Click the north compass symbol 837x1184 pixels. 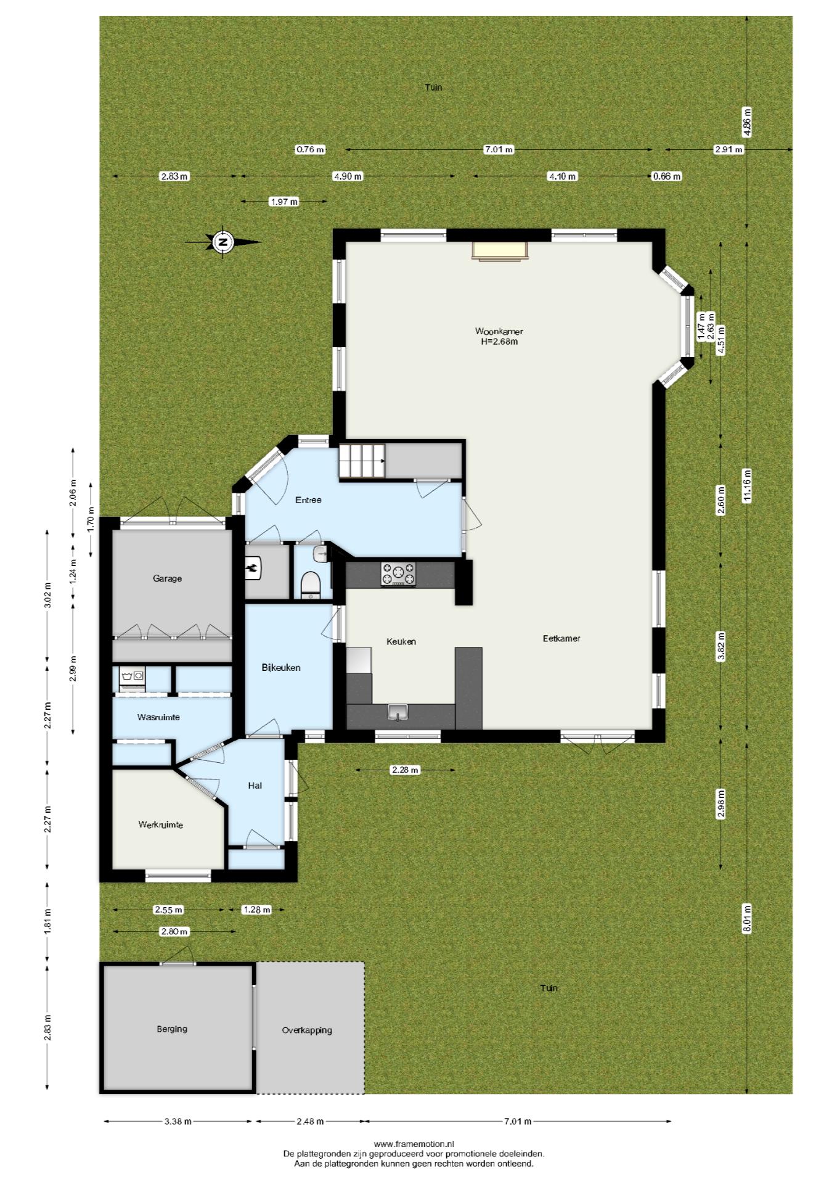(223, 242)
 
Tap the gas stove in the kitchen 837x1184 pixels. (398, 573)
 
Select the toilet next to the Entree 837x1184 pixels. (311, 585)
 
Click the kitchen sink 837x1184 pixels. (398, 713)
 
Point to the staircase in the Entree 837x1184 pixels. (361, 461)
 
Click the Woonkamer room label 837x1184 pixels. (499, 331)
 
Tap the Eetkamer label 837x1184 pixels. (561, 638)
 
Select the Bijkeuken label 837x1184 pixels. (281, 667)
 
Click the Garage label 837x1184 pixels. (168, 578)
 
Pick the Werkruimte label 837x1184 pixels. (161, 824)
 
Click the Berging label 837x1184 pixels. (172, 1029)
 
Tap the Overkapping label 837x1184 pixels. (307, 1030)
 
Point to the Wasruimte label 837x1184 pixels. (158, 717)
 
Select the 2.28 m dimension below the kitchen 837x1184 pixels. (406, 770)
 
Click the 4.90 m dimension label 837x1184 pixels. (348, 176)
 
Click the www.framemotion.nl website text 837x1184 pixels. (414, 1144)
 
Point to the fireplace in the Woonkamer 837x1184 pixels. (500, 251)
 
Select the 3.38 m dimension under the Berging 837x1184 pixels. (178, 1121)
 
